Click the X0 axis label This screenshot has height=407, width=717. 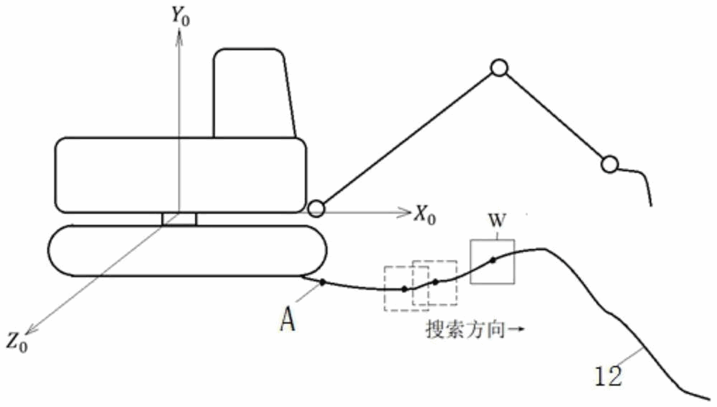(x=424, y=212)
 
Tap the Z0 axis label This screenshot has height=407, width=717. (x=18, y=340)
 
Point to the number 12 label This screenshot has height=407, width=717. (x=609, y=375)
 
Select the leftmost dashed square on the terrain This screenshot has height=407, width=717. (x=402, y=289)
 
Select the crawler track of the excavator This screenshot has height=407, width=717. (x=186, y=251)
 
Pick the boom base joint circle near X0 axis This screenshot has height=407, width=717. (x=315, y=209)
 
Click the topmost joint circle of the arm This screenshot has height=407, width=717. (x=499, y=68)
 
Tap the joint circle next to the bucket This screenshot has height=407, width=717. (x=609, y=164)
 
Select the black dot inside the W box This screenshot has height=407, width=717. (x=493, y=260)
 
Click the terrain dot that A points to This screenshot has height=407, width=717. (x=323, y=282)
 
